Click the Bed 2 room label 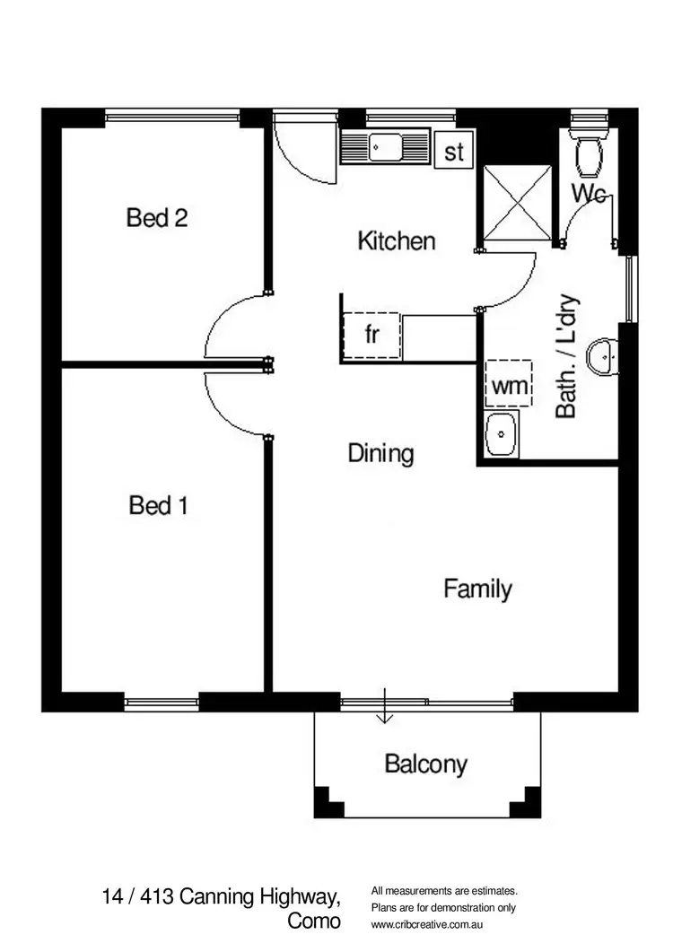[x=157, y=217]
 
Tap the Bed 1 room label [x=158, y=506]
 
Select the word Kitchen [x=397, y=240]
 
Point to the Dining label [x=381, y=453]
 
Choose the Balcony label [x=426, y=764]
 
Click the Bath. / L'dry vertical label [x=566, y=357]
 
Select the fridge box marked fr [x=371, y=335]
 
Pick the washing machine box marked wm [x=508, y=386]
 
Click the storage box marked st [x=454, y=152]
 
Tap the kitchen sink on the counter [x=387, y=144]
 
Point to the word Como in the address [x=314, y=921]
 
